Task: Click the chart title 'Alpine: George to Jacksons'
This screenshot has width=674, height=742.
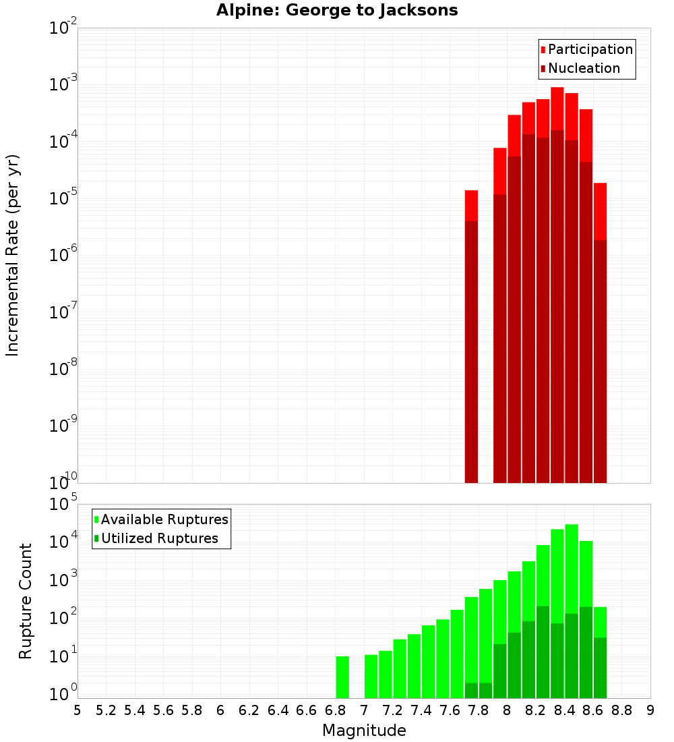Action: (337, 11)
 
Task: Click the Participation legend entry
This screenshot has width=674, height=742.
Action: (586, 49)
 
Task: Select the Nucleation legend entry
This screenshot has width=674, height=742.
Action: (580, 68)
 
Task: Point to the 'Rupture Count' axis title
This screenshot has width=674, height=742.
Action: (26, 601)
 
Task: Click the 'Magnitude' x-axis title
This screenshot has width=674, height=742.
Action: (364, 731)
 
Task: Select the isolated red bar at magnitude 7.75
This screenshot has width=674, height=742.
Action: (471, 337)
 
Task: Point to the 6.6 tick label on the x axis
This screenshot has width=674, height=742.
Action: (306, 710)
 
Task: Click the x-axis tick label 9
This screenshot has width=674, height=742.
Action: (650, 710)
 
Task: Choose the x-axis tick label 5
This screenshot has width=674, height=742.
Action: (78, 710)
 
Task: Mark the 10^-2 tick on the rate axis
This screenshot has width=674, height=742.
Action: (63, 28)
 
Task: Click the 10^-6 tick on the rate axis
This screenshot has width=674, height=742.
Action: (63, 256)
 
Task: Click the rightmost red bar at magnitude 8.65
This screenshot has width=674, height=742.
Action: (600, 337)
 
